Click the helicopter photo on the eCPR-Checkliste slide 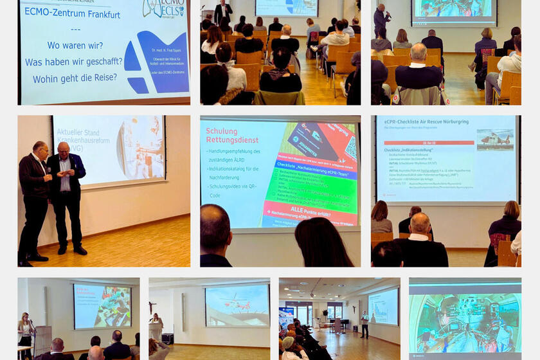[494, 139]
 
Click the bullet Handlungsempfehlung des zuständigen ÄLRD [233, 155]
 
